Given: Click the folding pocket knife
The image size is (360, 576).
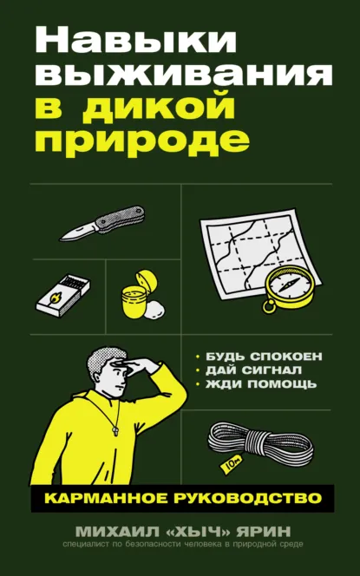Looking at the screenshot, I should tap(101, 223).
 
